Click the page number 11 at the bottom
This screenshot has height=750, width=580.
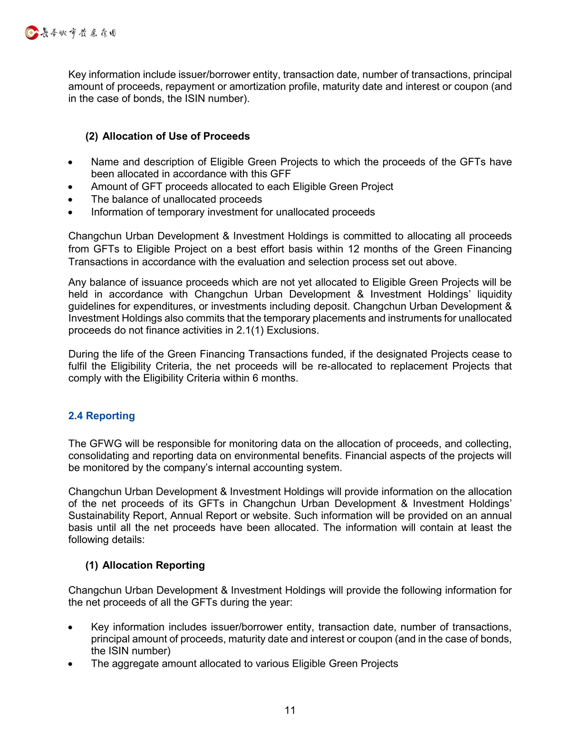point(290,710)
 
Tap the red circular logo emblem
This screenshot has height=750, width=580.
point(31,33)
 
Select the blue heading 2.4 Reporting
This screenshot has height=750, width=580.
point(101,416)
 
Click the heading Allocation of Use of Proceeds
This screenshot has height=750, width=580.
point(176,136)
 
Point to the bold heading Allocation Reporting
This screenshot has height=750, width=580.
point(154,565)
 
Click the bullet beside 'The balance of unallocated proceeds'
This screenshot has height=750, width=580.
point(70,200)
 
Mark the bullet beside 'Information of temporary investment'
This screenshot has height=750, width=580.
point(70,213)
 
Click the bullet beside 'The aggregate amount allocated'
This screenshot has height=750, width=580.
point(70,665)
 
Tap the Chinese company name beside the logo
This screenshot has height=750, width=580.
point(78,33)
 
